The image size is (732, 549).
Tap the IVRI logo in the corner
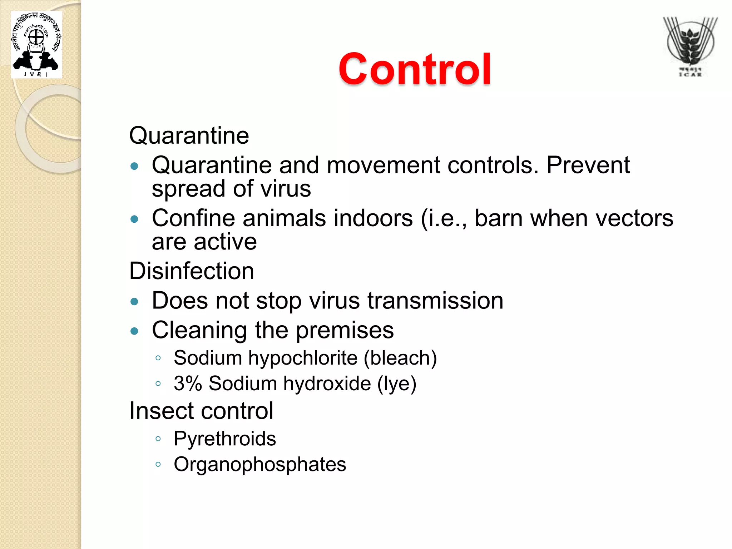pyautogui.click(x=36, y=45)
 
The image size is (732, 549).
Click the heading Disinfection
pyautogui.click(x=192, y=271)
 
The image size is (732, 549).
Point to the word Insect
pyautogui.click(x=159, y=411)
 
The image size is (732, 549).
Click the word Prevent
pyautogui.click(x=588, y=165)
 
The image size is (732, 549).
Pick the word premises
pyautogui.click(x=345, y=330)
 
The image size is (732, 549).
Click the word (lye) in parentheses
pyautogui.click(x=397, y=384)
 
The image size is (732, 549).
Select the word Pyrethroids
pyautogui.click(x=225, y=439)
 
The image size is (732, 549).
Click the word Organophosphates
pyautogui.click(x=260, y=464)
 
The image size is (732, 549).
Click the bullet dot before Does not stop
pyautogui.click(x=134, y=302)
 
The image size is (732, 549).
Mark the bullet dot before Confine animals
pyautogui.click(x=134, y=219)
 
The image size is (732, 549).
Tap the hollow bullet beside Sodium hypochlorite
pyautogui.click(x=158, y=358)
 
